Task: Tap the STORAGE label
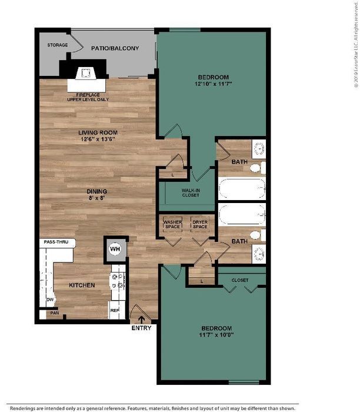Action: click(x=58, y=45)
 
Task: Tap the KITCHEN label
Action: click(x=82, y=285)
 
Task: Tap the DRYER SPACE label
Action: click(x=200, y=223)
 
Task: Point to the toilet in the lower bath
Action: click(x=256, y=236)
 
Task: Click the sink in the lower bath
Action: click(x=259, y=254)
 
